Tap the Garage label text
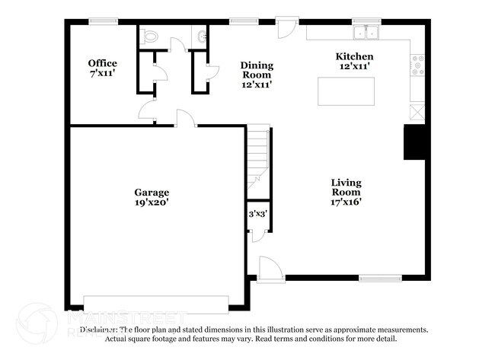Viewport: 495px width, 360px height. click(152, 197)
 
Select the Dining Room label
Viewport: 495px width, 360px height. click(257, 75)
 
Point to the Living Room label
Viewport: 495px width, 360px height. click(346, 192)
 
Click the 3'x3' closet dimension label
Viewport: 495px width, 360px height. click(257, 215)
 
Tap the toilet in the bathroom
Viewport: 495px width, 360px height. click(150, 35)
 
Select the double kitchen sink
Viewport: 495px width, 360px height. click(367, 33)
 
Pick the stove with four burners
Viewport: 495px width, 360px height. click(417, 66)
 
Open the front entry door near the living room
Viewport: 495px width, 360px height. click(270, 269)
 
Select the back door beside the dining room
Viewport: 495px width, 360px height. click(287, 29)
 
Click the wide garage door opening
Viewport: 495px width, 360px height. click(155, 303)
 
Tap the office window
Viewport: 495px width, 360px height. click(102, 21)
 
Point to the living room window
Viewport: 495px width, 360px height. click(380, 279)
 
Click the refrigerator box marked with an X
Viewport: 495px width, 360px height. click(417, 111)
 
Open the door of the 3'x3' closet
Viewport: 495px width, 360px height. click(258, 234)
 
